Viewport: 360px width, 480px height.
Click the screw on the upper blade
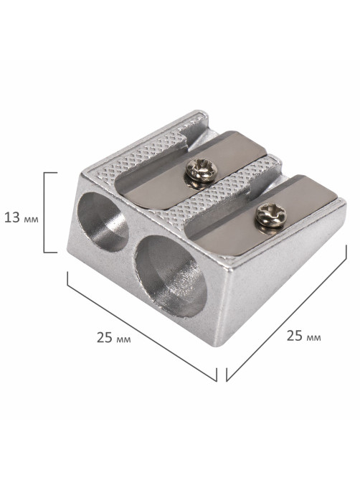202,170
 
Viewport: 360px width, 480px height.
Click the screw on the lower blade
271,215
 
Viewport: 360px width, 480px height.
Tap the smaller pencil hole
103,222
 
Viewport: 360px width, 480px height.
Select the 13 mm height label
22,218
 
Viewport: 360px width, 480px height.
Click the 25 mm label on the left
114,337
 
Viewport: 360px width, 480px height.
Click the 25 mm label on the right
304,336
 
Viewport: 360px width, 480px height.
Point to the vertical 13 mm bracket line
44,212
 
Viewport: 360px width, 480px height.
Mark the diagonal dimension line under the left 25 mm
142,326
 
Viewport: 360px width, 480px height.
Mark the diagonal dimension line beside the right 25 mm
286,313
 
